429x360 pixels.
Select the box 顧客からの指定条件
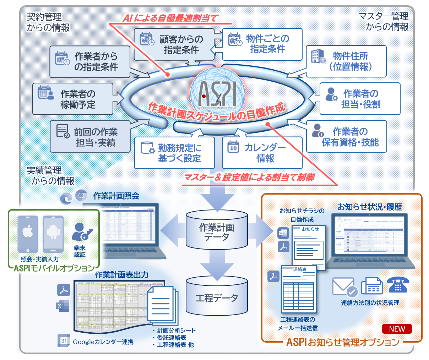174,44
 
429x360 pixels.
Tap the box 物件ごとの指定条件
262,44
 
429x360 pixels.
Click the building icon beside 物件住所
318,56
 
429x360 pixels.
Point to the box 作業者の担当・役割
360,99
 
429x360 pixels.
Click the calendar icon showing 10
233,147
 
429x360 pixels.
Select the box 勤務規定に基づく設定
174,153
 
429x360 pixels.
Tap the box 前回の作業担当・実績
90,137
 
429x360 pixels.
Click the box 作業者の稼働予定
73,99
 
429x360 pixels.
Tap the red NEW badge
397,329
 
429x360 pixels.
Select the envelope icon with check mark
344,287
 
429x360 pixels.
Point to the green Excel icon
63,306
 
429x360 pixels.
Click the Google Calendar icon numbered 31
64,340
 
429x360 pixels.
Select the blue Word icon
283,233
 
